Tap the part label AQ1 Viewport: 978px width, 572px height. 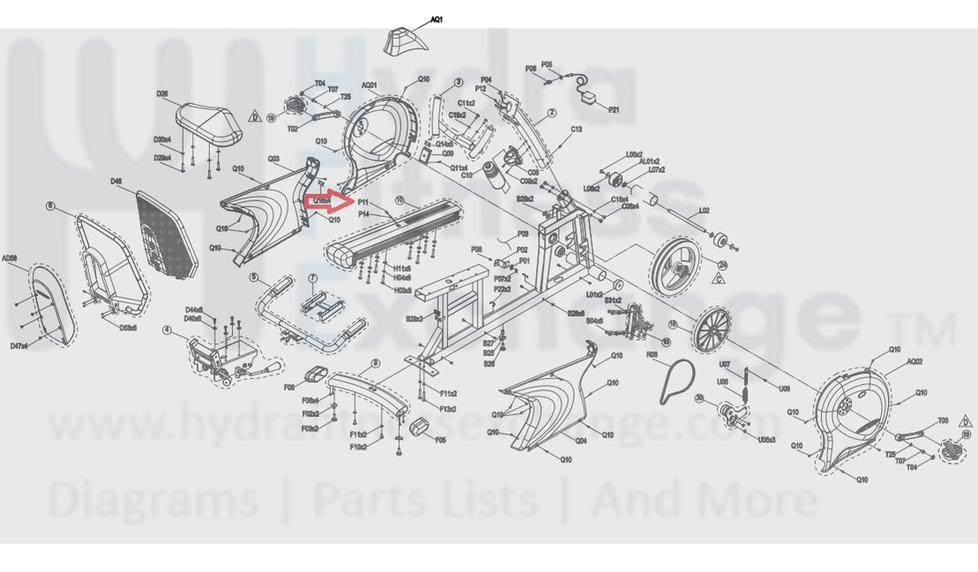(x=436, y=19)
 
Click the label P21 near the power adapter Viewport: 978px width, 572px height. (x=614, y=109)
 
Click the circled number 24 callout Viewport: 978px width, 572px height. (x=722, y=264)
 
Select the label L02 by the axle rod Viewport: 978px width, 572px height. (x=704, y=210)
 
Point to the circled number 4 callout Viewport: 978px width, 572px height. (x=166, y=331)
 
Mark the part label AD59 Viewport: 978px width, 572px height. (x=10, y=259)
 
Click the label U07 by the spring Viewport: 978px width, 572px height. (x=724, y=365)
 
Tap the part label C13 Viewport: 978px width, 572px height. (x=576, y=130)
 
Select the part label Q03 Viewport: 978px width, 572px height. (x=274, y=159)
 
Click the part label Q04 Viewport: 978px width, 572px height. (x=582, y=440)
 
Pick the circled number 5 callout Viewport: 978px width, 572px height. (x=253, y=278)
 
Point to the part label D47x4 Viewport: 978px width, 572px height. (x=19, y=347)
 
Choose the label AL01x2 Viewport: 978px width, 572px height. (x=650, y=162)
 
